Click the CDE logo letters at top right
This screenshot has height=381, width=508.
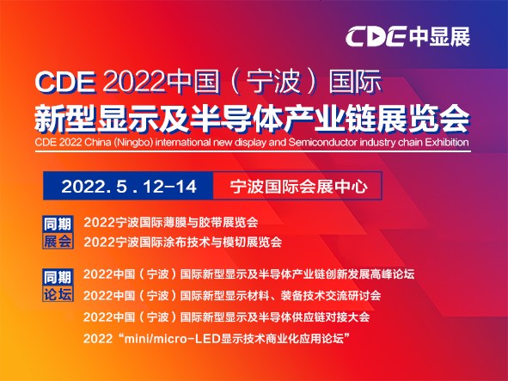point(376,36)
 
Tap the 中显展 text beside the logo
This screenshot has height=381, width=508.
point(439,36)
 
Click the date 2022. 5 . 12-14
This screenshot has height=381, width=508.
point(129,187)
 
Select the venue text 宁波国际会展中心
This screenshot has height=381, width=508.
point(299,187)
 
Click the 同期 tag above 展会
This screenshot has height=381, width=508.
point(58,224)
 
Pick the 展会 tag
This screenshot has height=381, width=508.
point(58,241)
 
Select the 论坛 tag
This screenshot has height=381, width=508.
point(58,294)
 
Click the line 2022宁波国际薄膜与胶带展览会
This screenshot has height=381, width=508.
point(171,223)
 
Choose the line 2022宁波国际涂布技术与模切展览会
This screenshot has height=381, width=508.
point(183,243)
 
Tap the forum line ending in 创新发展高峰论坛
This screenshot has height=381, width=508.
point(248,274)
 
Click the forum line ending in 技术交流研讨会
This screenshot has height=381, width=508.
point(232,295)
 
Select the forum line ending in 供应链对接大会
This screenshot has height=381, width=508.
point(226,316)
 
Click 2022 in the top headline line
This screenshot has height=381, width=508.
point(134,82)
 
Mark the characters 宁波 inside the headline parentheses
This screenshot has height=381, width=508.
point(272,82)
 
